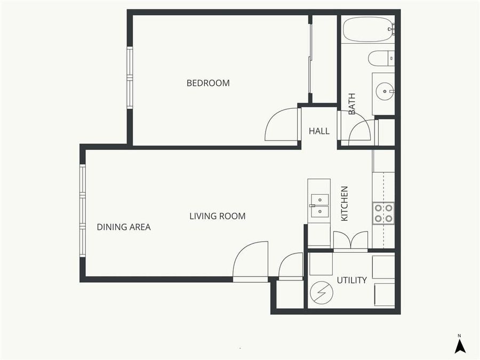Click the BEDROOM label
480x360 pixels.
pos(208,83)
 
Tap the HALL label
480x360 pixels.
pos(319,131)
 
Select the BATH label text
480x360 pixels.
pos(352,104)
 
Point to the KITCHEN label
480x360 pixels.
pos(345,204)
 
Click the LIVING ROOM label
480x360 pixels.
pos(218,216)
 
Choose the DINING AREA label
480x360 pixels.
pos(124,227)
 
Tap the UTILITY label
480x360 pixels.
pos(351,280)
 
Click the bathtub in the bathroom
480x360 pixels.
pos(368,29)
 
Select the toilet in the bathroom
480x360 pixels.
pos(381,58)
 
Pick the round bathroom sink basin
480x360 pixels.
pos(384,92)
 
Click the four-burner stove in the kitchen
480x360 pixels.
pos(383,213)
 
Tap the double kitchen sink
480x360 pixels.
pos(319,205)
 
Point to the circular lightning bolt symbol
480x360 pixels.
pos(322,293)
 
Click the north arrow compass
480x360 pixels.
pos(460,345)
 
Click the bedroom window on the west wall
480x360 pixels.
pos(129,78)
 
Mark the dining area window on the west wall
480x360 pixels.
pos(83,211)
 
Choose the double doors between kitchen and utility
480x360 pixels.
pos(350,241)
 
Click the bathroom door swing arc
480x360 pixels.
pos(360,131)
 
